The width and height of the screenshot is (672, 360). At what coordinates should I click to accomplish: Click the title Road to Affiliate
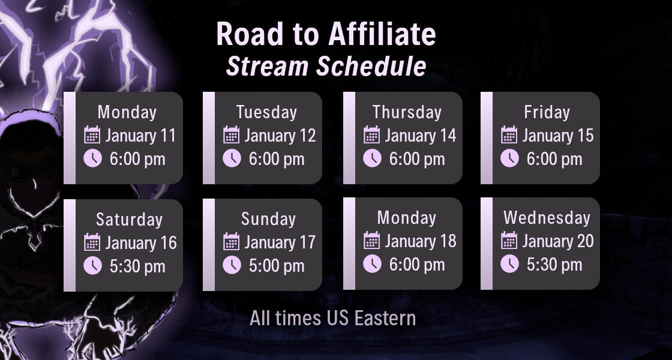pos(326,34)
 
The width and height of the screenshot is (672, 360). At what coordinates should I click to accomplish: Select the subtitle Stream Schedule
pos(326,66)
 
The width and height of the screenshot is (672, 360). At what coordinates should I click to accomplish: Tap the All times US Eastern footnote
pos(332,318)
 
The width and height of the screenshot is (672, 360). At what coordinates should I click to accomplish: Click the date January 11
pos(140,136)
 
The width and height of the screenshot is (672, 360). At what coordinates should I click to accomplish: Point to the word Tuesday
pos(266,112)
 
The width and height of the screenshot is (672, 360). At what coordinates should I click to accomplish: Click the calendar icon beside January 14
pos(372,135)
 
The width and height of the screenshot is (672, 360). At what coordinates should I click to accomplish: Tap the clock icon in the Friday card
pos(509,158)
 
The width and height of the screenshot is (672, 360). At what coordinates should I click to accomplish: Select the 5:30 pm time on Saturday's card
pos(137,266)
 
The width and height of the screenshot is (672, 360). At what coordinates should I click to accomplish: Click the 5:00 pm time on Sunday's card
pos(277,266)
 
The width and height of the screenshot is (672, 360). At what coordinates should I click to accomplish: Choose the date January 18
pos(420,241)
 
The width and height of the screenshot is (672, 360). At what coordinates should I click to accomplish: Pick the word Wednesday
pos(547,217)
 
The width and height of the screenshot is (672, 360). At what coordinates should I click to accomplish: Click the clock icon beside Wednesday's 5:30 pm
pos(509,264)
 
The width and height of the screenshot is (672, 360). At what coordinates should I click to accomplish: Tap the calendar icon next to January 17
pos(232,242)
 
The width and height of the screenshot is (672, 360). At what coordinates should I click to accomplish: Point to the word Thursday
pos(406,112)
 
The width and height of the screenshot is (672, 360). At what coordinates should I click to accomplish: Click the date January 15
pos(557,136)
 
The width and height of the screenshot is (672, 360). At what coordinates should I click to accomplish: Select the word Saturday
pos(129,219)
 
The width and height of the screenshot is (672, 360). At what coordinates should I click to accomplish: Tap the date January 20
pos(557,241)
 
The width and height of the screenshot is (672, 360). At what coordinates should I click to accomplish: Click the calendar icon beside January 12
pos(232,135)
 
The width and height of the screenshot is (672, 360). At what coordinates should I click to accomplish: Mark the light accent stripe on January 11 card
pos(70,138)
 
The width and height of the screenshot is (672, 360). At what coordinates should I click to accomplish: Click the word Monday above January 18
pos(406,217)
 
